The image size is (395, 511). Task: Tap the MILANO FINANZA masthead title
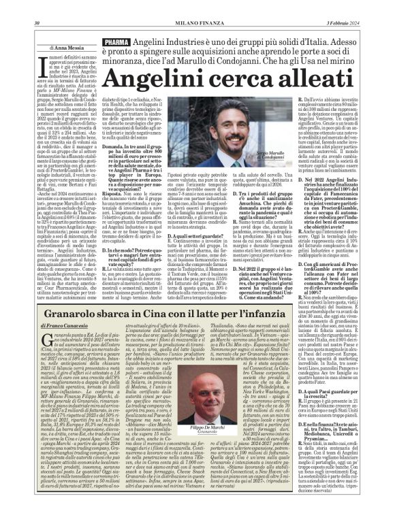tap(197, 7)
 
